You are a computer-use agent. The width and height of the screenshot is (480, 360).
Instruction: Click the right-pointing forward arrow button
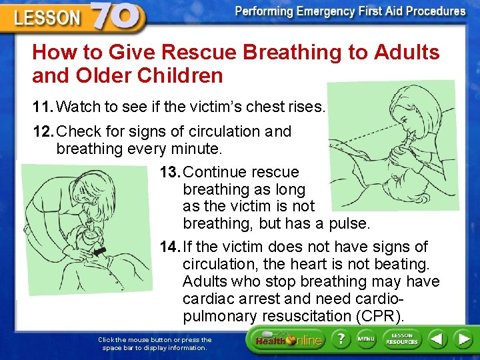[x=463, y=339]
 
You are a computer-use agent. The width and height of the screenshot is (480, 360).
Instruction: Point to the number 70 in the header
[x=117, y=16]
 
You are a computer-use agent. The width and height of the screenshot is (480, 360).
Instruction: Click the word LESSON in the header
[x=48, y=18]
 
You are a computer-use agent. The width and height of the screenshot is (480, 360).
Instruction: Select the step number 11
[x=43, y=106]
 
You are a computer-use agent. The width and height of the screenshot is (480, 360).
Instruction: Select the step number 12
[x=43, y=131]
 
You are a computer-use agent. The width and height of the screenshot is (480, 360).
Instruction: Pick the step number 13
[x=169, y=172]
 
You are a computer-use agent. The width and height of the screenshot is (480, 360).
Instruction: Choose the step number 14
[x=169, y=247]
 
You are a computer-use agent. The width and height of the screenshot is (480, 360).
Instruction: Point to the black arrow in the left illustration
[x=101, y=251]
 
